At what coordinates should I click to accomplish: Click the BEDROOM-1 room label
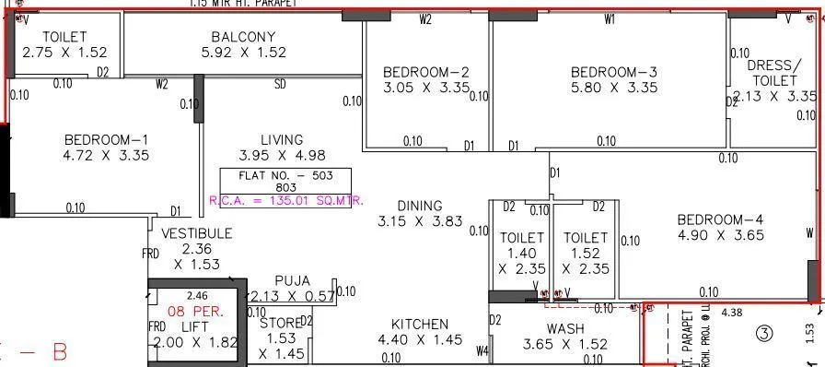click(x=106, y=139)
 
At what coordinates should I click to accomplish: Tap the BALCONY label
click(x=243, y=37)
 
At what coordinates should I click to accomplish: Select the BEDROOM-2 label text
click(x=426, y=72)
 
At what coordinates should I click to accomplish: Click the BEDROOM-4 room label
click(x=720, y=219)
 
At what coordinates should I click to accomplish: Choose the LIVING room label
click(x=281, y=139)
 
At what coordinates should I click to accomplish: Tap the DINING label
click(x=420, y=206)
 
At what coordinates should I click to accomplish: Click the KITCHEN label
click(x=420, y=324)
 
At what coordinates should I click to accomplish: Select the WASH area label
click(x=565, y=328)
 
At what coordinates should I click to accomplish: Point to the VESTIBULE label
click(x=196, y=233)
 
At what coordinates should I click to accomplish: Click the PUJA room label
click(x=292, y=280)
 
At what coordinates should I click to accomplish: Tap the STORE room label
click(x=280, y=324)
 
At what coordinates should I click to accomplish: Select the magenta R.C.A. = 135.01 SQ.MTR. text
click(x=286, y=200)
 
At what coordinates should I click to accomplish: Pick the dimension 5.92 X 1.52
click(x=244, y=53)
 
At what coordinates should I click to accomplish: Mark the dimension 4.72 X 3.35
click(x=106, y=156)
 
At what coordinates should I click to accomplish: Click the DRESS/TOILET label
click(x=772, y=73)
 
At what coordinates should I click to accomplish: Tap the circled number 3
click(x=763, y=332)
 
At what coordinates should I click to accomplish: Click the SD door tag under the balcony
click(x=280, y=85)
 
